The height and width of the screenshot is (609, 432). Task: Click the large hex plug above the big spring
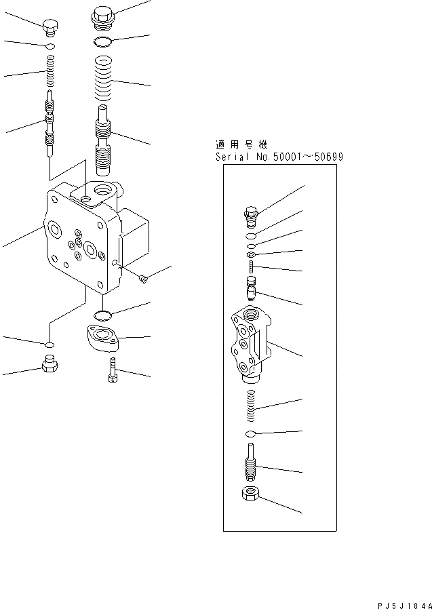tap(102, 16)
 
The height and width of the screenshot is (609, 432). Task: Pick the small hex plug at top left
tap(51, 28)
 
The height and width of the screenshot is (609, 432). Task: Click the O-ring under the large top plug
tap(103, 43)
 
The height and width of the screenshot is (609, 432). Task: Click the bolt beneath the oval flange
tap(113, 370)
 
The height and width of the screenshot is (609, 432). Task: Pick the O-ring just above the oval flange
tap(102, 314)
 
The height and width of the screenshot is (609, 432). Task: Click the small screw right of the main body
tap(142, 277)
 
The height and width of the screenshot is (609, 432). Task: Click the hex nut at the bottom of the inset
tap(249, 494)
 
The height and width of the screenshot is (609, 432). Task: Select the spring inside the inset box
tap(250, 408)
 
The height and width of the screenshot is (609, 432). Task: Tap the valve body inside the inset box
tap(250, 344)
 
